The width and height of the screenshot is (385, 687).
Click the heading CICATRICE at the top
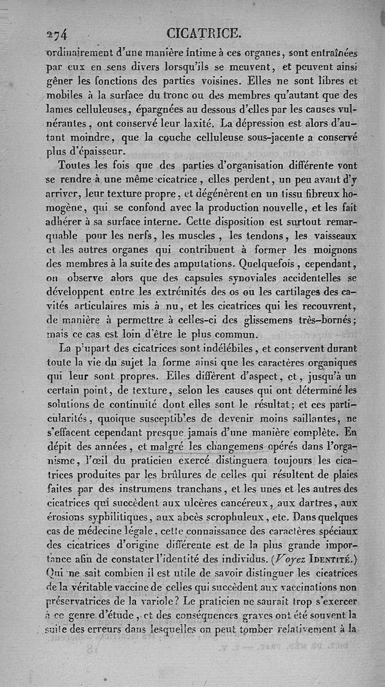pos(203,33)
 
